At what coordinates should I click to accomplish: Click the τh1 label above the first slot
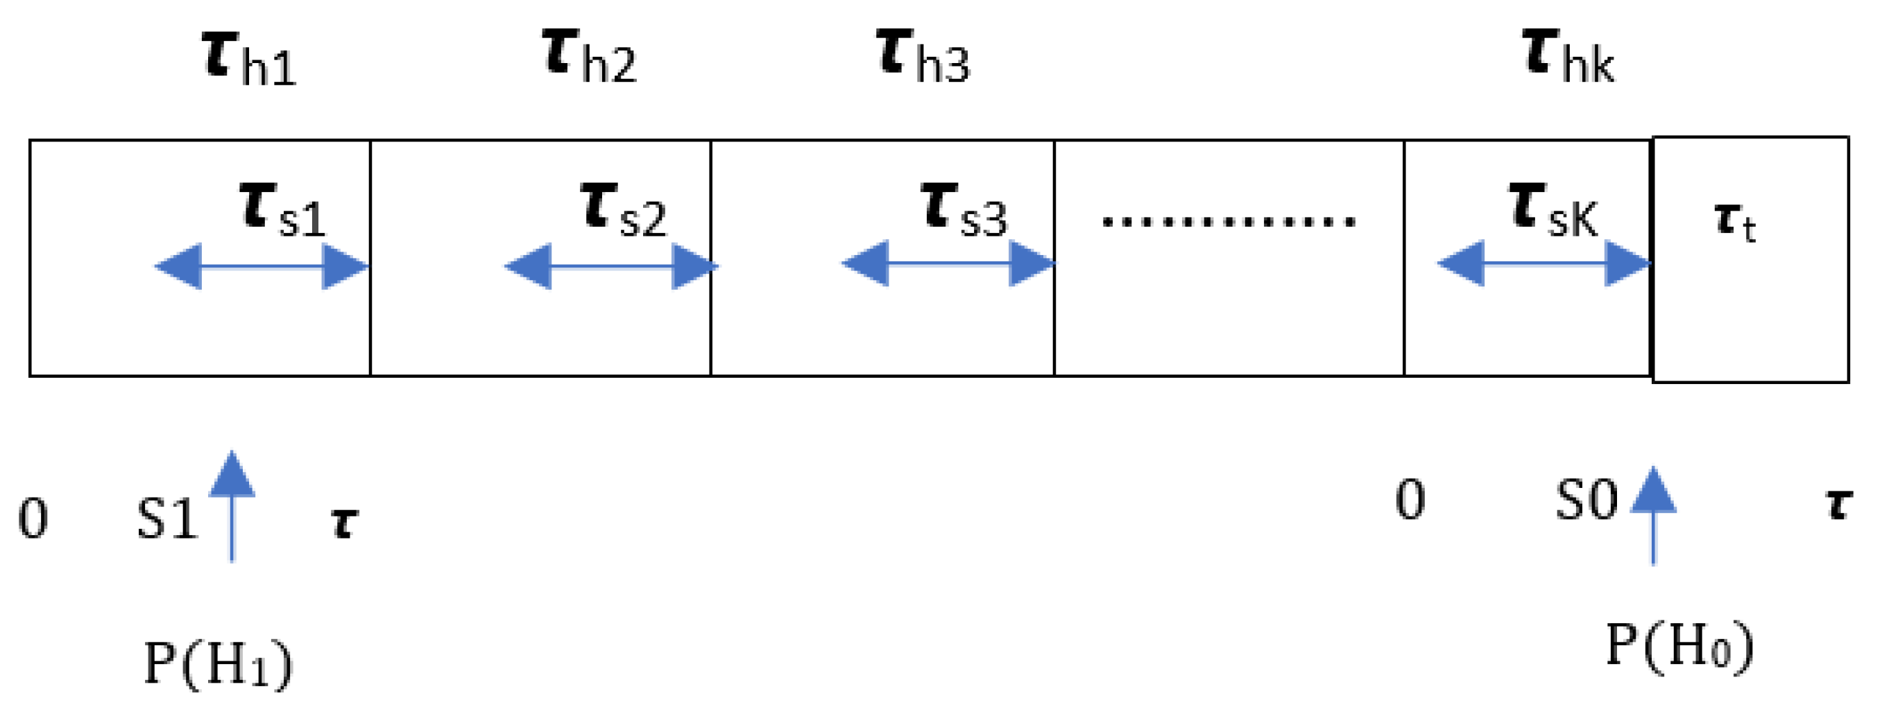[248, 58]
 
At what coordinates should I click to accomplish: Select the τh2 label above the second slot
[590, 56]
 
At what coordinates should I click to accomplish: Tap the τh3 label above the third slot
[923, 56]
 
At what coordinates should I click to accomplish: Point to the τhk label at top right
[1569, 56]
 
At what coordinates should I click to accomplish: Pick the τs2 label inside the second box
[623, 210]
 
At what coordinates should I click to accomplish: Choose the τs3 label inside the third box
[964, 210]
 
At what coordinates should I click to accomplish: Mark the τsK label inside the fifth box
[1553, 210]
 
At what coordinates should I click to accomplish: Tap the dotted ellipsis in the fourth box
[1228, 220]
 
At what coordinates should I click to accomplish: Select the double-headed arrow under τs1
[262, 267]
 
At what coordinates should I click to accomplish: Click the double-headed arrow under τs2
[610, 267]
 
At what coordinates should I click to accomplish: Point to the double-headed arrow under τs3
[948, 263]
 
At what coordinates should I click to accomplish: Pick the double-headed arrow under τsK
[1543, 263]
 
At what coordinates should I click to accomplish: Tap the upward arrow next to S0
[1653, 515]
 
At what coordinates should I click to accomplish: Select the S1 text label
[167, 520]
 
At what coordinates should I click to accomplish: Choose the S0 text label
[1586, 501]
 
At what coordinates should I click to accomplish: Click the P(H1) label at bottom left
[218, 663]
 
